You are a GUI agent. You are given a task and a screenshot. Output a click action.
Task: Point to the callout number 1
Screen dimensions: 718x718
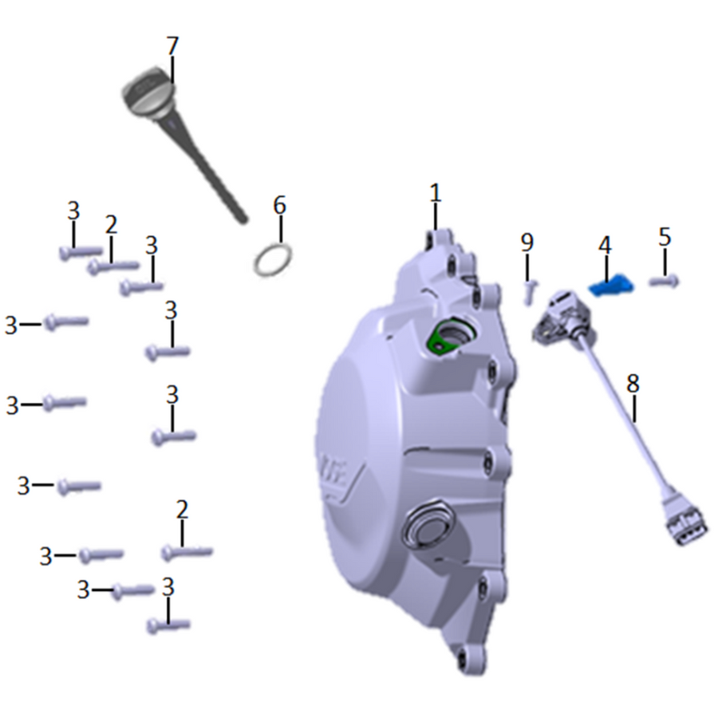click(x=436, y=193)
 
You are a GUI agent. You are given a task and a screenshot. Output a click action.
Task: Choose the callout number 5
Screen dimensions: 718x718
click(x=665, y=237)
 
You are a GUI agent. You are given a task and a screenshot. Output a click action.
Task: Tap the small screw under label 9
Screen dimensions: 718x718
click(x=530, y=292)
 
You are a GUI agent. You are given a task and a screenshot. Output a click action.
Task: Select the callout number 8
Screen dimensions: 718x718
click(x=633, y=383)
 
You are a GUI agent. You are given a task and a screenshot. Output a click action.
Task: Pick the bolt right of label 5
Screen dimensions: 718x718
click(x=665, y=281)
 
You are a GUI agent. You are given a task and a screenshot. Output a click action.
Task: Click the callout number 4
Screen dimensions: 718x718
click(x=605, y=246)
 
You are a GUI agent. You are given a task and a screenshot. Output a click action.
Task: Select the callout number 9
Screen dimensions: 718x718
click(x=527, y=242)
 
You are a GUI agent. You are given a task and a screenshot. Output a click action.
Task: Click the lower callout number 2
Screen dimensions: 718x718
click(x=182, y=510)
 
